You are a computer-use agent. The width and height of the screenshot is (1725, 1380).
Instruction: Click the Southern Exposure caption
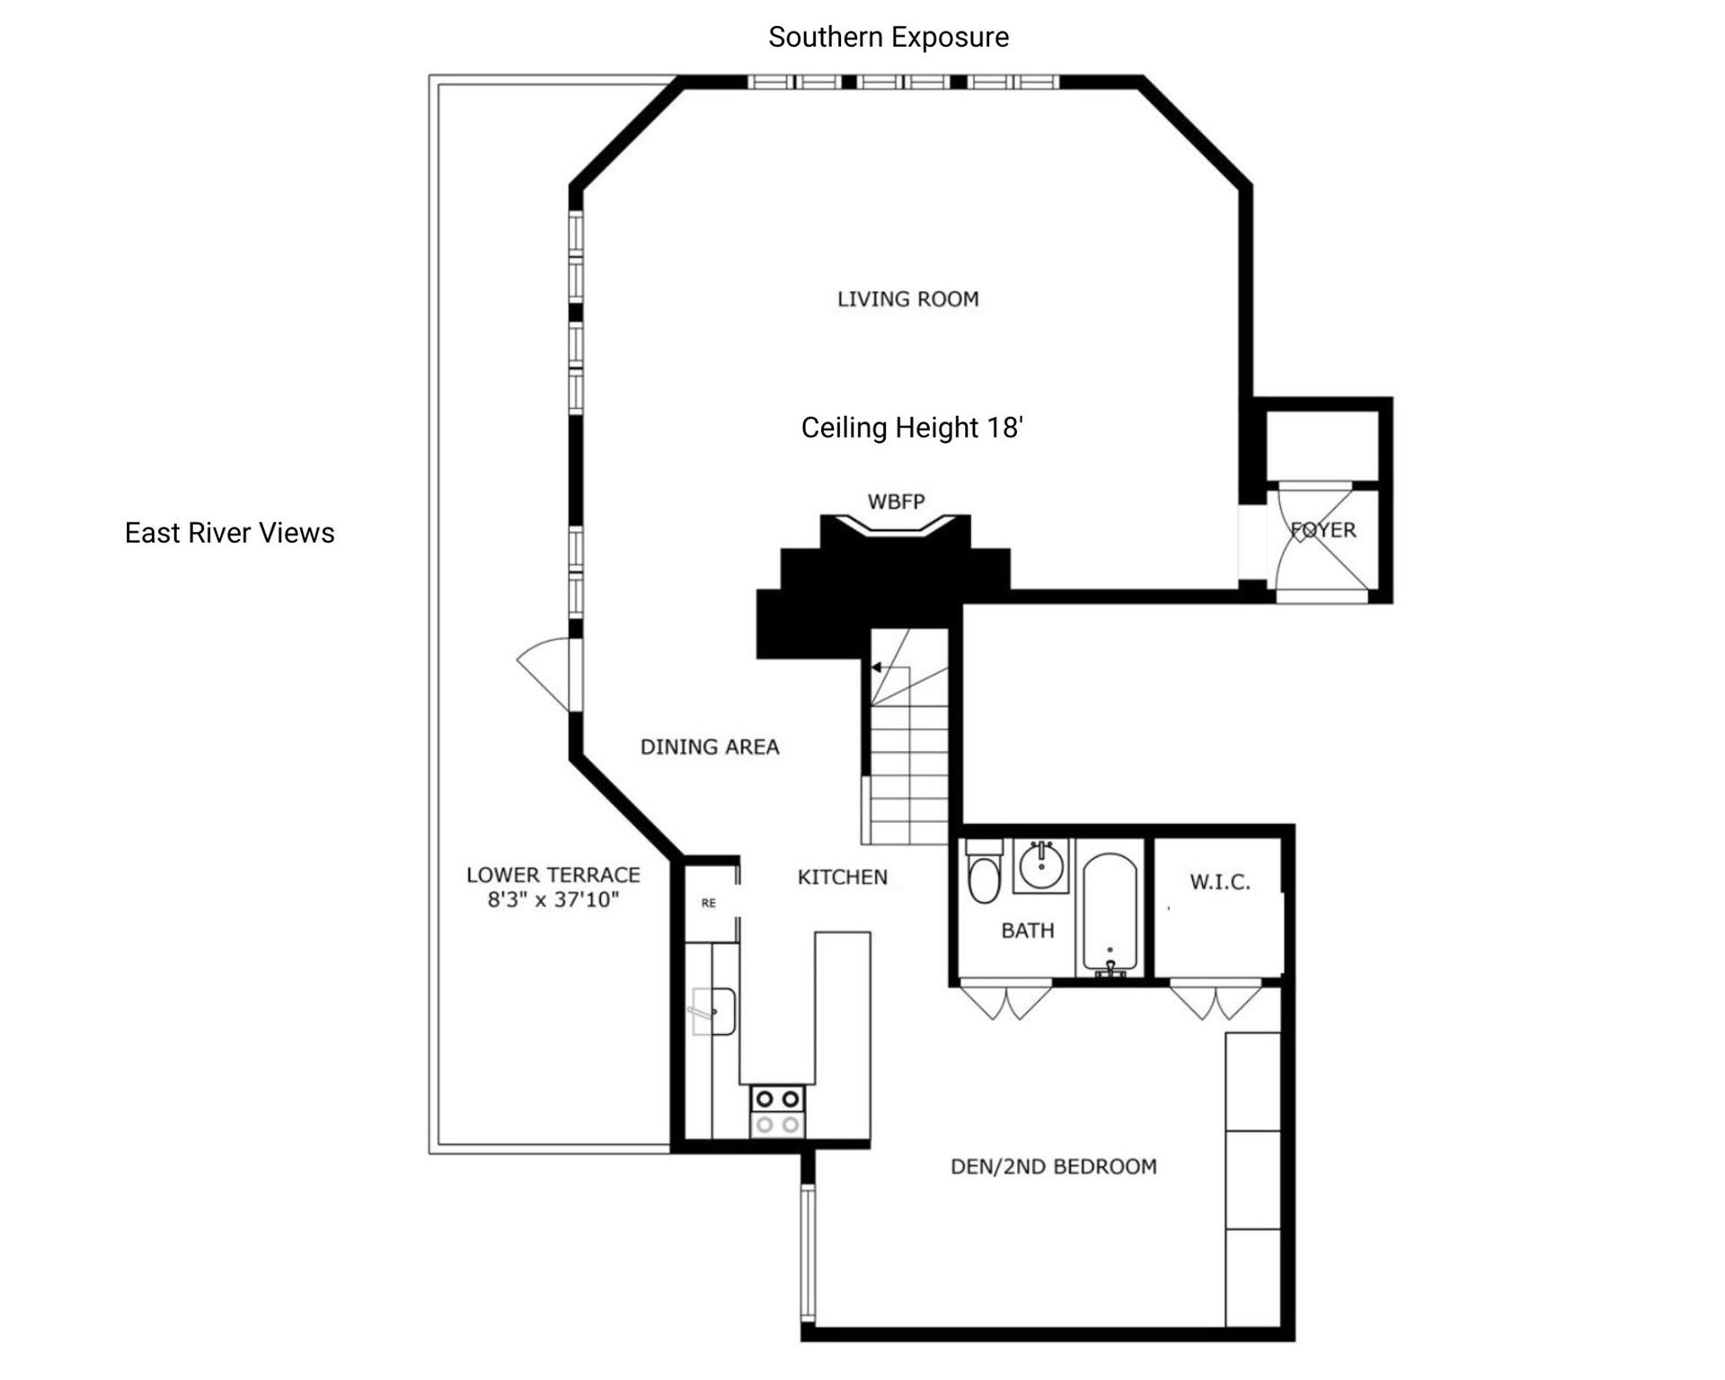click(x=889, y=37)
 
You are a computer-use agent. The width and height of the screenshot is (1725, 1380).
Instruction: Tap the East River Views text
click(x=229, y=533)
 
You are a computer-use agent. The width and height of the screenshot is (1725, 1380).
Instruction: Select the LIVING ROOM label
click(x=908, y=299)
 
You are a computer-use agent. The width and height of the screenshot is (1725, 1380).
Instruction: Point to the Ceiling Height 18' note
click(x=912, y=428)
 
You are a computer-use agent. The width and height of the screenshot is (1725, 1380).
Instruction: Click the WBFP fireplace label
click(x=896, y=501)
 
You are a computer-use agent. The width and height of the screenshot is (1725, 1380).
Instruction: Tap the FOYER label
click(x=1323, y=530)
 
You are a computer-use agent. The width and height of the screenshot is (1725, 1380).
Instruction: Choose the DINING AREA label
click(x=710, y=747)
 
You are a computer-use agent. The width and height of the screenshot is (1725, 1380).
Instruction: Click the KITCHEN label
click(x=843, y=877)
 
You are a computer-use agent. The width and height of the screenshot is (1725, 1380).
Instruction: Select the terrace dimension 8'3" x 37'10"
click(x=553, y=899)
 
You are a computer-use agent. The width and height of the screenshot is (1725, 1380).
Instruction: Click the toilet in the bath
click(x=985, y=871)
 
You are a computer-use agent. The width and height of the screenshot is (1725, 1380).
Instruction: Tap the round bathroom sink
click(x=1041, y=866)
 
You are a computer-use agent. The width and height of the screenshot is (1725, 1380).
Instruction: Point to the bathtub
click(x=1110, y=914)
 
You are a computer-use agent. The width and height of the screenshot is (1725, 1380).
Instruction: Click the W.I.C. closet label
click(x=1220, y=882)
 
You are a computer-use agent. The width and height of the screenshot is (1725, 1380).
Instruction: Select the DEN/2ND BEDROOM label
click(x=1054, y=1166)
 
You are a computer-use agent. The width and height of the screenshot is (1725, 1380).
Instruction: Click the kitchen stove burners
click(x=778, y=1111)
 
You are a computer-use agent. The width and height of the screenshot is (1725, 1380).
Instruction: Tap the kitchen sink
click(x=714, y=1012)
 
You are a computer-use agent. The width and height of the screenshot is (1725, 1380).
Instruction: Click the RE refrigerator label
click(x=709, y=903)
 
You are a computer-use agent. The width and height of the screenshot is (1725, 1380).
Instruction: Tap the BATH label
click(x=1028, y=931)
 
